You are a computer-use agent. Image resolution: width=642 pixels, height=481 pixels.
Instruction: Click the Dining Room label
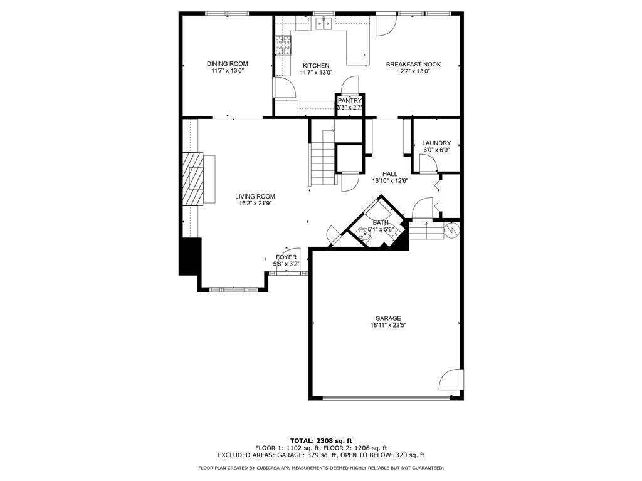tap(228, 63)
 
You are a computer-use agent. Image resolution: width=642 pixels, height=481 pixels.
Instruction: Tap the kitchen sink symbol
tap(324, 24)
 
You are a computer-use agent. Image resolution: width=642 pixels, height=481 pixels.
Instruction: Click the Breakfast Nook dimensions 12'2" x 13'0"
tap(413, 71)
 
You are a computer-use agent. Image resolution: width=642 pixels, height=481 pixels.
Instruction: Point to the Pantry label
tap(349, 100)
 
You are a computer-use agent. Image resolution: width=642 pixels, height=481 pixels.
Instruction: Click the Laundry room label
tap(436, 143)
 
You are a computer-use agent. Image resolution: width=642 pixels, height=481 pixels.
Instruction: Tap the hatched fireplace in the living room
tap(194, 178)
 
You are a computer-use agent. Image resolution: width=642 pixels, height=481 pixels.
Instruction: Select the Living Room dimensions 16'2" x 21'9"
tap(255, 204)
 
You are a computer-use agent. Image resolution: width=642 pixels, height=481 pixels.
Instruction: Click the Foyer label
tap(287, 257)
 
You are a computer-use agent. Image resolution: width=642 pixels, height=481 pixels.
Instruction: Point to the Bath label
tap(381, 222)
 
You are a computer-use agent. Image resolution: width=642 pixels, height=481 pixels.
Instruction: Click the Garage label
tap(388, 318)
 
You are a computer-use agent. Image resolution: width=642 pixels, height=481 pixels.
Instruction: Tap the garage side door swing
tap(452, 380)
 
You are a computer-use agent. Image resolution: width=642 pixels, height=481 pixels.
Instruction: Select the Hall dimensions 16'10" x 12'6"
tap(390, 181)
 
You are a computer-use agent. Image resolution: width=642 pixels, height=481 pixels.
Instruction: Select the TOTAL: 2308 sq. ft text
tap(320, 441)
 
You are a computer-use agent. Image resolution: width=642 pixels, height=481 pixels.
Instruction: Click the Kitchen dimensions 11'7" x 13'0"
tap(316, 73)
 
